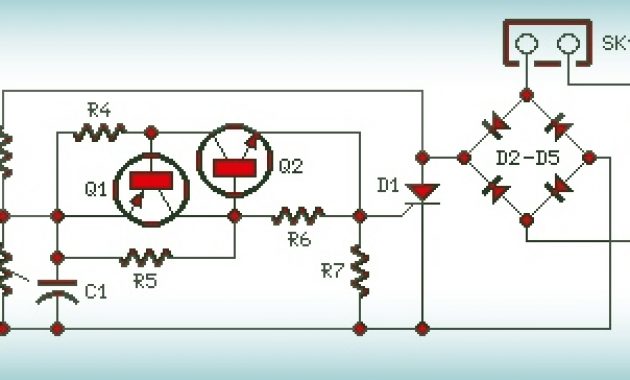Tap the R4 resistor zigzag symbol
coord(102,131)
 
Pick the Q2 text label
coord(290,167)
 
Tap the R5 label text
coord(145,281)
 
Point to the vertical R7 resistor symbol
coord(358,270)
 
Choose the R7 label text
coord(332,270)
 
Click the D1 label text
coord(388,184)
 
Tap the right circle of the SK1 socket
coord(567,45)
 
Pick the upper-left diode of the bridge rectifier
coord(494,125)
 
